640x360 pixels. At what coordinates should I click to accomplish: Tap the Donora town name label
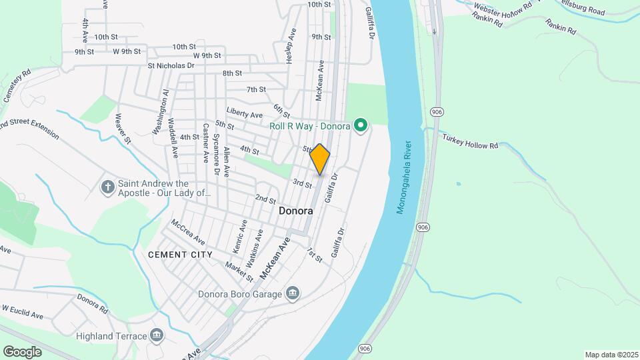pos(295,210)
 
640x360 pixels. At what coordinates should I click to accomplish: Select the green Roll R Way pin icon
pos(361,125)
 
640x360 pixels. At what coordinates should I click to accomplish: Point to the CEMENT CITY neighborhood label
pos(180,255)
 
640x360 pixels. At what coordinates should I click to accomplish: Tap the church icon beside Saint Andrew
pos(108,186)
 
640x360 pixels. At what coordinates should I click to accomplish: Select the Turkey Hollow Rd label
pos(470,141)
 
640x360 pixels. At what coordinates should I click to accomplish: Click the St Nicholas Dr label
pos(171,66)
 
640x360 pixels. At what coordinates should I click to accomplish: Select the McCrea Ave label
pos(188,231)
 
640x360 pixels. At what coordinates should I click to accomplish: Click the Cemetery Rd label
pos(17,86)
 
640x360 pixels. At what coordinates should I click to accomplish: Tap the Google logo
pos(22,351)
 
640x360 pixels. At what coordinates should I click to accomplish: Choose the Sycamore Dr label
pos(217,155)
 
